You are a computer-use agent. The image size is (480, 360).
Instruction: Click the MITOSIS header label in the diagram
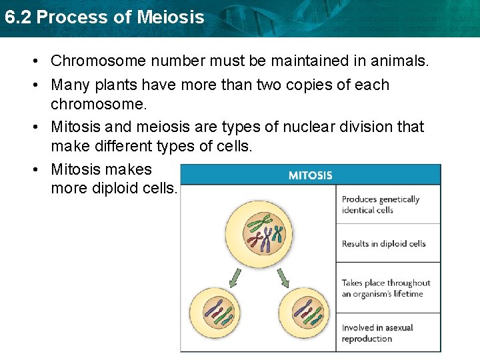click(x=310, y=175)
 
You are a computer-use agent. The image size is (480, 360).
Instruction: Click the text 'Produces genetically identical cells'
click(x=380, y=205)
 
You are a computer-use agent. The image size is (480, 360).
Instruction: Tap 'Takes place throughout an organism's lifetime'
click(x=386, y=289)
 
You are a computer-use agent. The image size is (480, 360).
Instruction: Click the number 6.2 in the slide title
click(x=18, y=17)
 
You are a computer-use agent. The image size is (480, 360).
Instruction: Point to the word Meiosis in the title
click(x=169, y=17)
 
